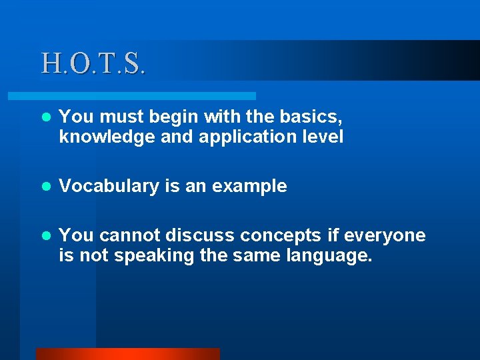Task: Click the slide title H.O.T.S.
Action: tap(93, 63)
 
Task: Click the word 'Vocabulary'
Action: tap(107, 187)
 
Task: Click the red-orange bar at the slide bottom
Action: tap(127, 354)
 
